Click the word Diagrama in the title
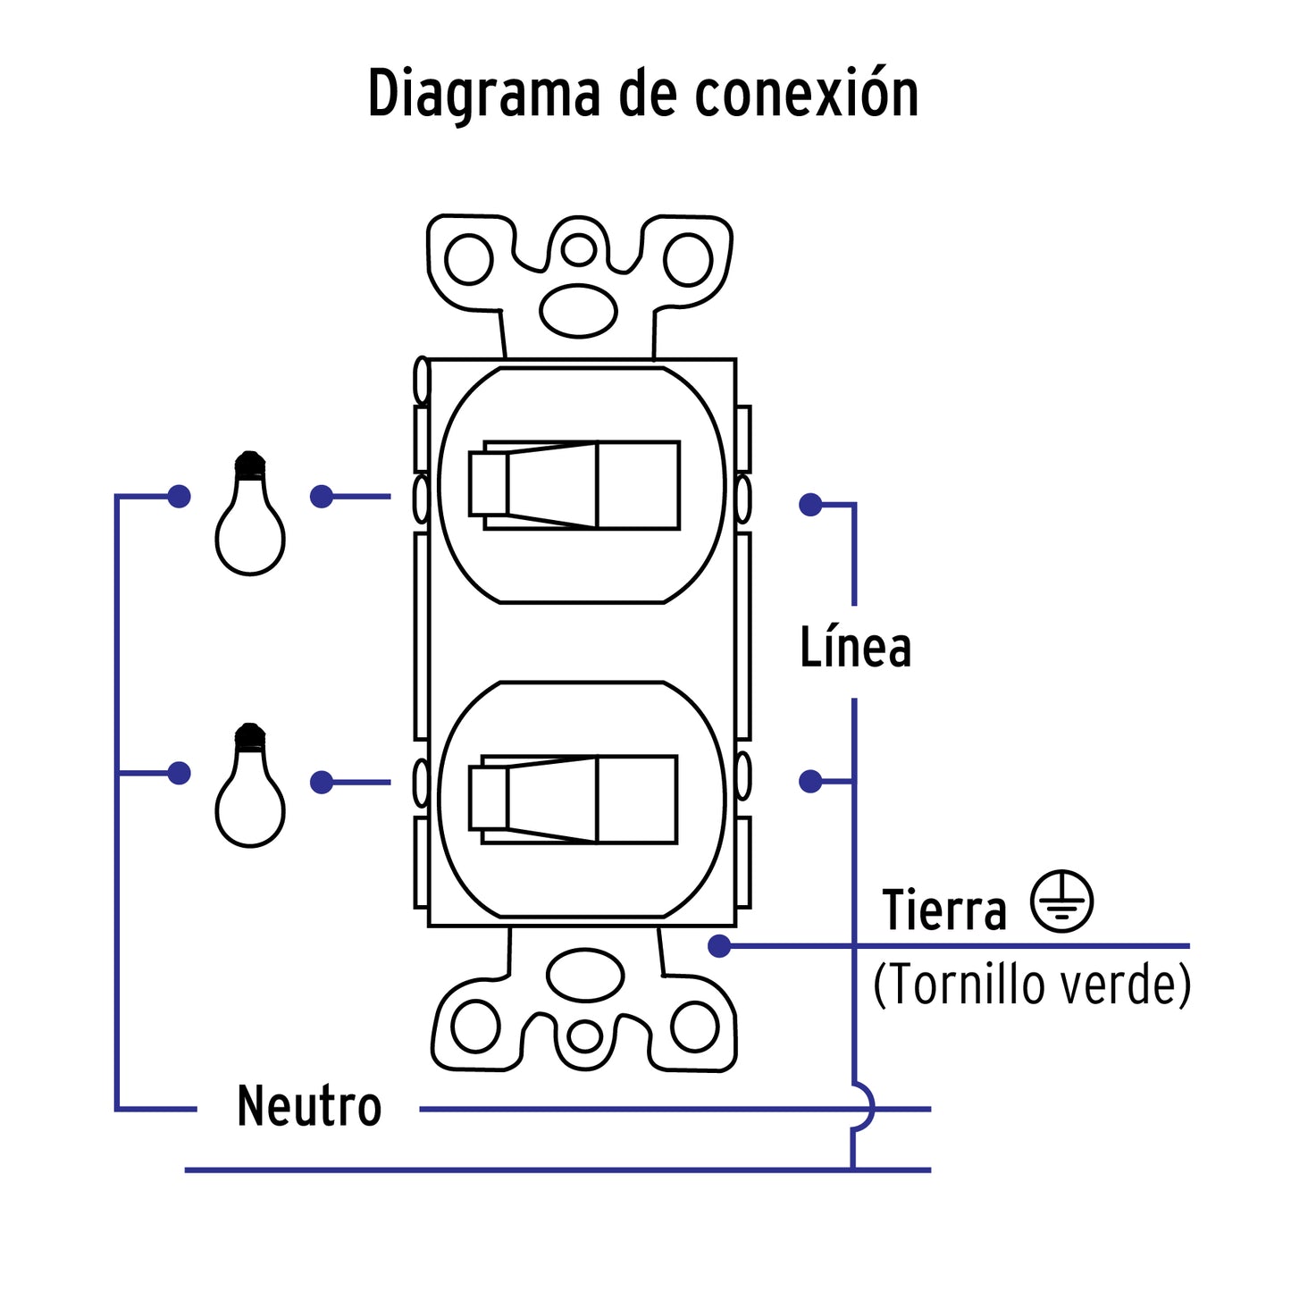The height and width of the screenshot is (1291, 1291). click(x=483, y=94)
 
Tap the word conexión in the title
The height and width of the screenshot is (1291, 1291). click(x=806, y=94)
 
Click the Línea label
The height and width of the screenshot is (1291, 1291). click(x=855, y=648)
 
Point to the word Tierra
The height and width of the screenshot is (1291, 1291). click(x=944, y=910)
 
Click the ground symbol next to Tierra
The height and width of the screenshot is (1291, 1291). click(x=1061, y=901)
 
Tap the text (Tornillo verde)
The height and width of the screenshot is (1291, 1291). click(x=1032, y=985)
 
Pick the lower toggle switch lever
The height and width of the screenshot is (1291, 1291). click(x=572, y=799)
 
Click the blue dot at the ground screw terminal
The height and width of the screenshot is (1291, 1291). click(x=719, y=946)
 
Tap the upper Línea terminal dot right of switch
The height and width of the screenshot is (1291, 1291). click(x=810, y=505)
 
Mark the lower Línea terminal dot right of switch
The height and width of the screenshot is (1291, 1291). click(x=810, y=782)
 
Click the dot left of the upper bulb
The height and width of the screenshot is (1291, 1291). click(x=179, y=497)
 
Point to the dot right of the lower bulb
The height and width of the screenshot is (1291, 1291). click(x=322, y=783)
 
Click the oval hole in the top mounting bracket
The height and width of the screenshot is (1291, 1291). click(x=579, y=311)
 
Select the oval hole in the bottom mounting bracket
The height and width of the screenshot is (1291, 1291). click(x=585, y=975)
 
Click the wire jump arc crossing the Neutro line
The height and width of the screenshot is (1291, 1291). click(x=864, y=1109)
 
